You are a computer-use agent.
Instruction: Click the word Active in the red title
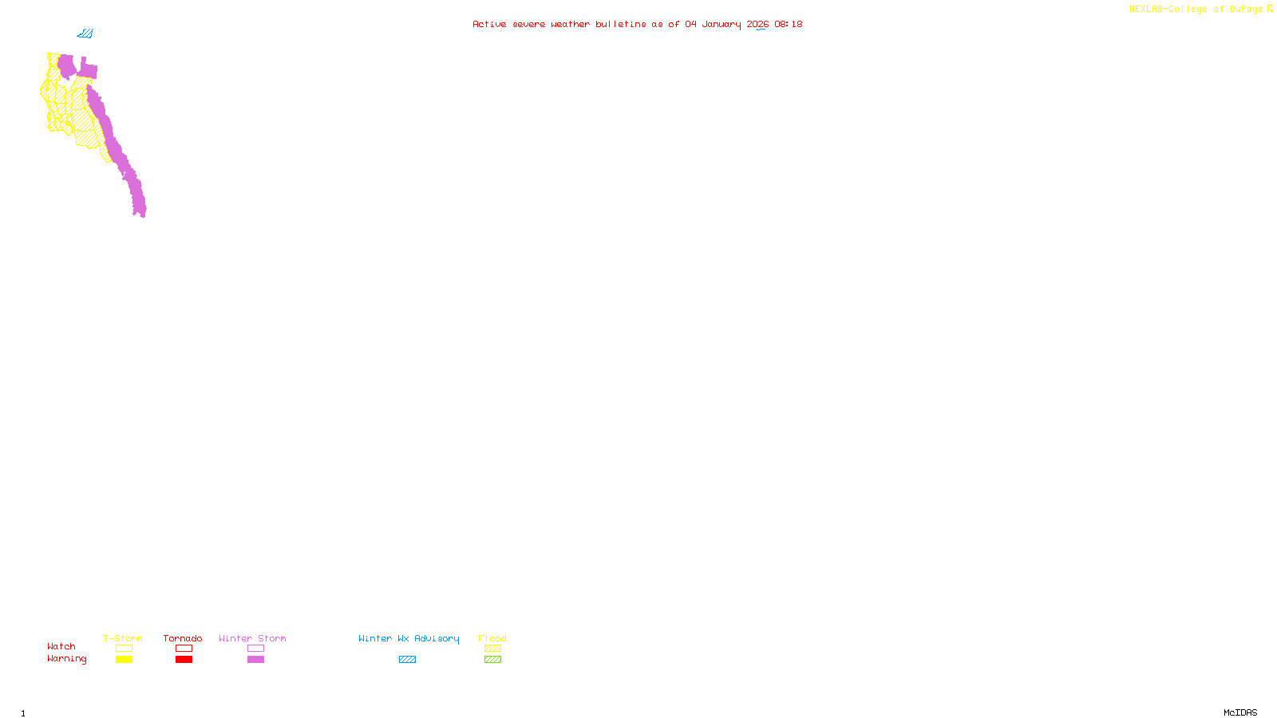(489, 24)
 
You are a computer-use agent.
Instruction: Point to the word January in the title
(722, 24)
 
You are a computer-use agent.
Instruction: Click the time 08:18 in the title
(789, 24)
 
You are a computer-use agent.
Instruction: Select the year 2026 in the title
(757, 24)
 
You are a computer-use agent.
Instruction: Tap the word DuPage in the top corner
(1246, 10)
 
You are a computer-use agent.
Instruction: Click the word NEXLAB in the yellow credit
(1145, 10)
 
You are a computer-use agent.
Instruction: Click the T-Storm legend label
(123, 638)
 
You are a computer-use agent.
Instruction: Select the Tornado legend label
(183, 638)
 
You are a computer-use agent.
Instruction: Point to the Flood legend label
(492, 638)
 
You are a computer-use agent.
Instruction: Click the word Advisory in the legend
(437, 638)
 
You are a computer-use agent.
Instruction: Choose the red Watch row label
(61, 646)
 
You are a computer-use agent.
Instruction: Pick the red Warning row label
(66, 659)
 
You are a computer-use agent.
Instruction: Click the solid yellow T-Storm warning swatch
(124, 660)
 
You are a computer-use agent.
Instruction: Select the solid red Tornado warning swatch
(184, 660)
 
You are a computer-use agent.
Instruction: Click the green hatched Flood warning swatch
(492, 660)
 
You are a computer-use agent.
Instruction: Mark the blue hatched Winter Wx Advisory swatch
(407, 660)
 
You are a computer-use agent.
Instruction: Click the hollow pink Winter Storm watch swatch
(255, 649)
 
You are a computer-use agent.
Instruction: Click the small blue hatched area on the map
(85, 34)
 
